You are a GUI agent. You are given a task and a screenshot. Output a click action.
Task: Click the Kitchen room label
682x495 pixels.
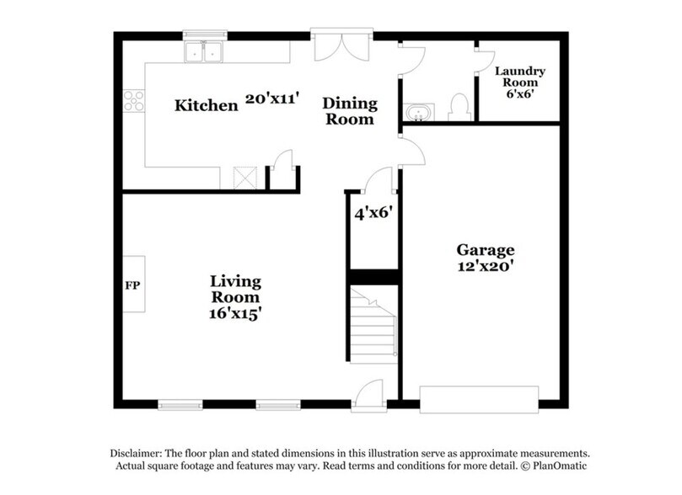206,106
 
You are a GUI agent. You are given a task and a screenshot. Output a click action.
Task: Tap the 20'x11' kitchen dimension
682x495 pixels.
272,98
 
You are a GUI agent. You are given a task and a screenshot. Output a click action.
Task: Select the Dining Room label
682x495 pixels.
350,111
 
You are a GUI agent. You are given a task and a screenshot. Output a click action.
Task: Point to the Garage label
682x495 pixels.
485,250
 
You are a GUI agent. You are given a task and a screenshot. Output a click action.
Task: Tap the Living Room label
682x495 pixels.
235,289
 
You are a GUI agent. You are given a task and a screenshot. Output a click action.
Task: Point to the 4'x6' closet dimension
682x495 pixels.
371,213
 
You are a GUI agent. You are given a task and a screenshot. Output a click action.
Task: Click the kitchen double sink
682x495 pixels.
203,52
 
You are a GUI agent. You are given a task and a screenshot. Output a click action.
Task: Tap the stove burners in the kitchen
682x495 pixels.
133,101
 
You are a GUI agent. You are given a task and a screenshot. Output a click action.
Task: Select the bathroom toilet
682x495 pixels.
459,106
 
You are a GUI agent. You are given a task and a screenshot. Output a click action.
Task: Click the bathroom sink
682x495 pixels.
416,112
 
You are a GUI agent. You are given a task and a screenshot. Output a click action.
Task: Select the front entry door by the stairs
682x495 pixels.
368,397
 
